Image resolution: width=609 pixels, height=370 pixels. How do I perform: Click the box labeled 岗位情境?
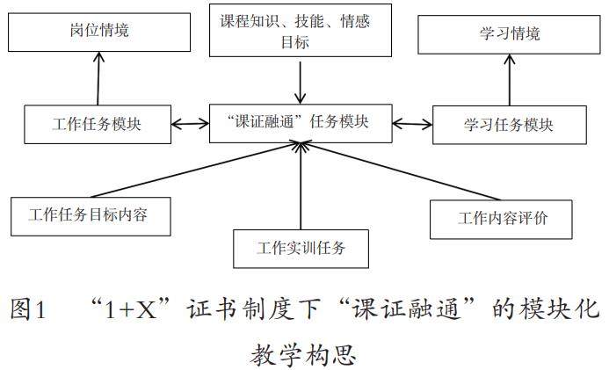(x=100, y=33)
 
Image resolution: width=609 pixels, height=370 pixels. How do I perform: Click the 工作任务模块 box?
(x=98, y=124)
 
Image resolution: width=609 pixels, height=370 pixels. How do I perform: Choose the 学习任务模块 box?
(x=508, y=125)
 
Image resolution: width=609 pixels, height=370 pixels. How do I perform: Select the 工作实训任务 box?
(x=301, y=248)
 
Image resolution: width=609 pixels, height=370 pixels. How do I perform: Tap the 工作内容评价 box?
(x=502, y=218)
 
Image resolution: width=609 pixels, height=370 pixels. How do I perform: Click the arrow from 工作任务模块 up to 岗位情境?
(x=97, y=78)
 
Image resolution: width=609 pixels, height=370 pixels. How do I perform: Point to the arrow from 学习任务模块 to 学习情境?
(x=510, y=82)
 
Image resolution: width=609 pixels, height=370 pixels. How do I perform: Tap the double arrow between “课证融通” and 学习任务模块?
(x=412, y=125)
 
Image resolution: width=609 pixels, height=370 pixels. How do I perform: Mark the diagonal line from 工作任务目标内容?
(x=202, y=170)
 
